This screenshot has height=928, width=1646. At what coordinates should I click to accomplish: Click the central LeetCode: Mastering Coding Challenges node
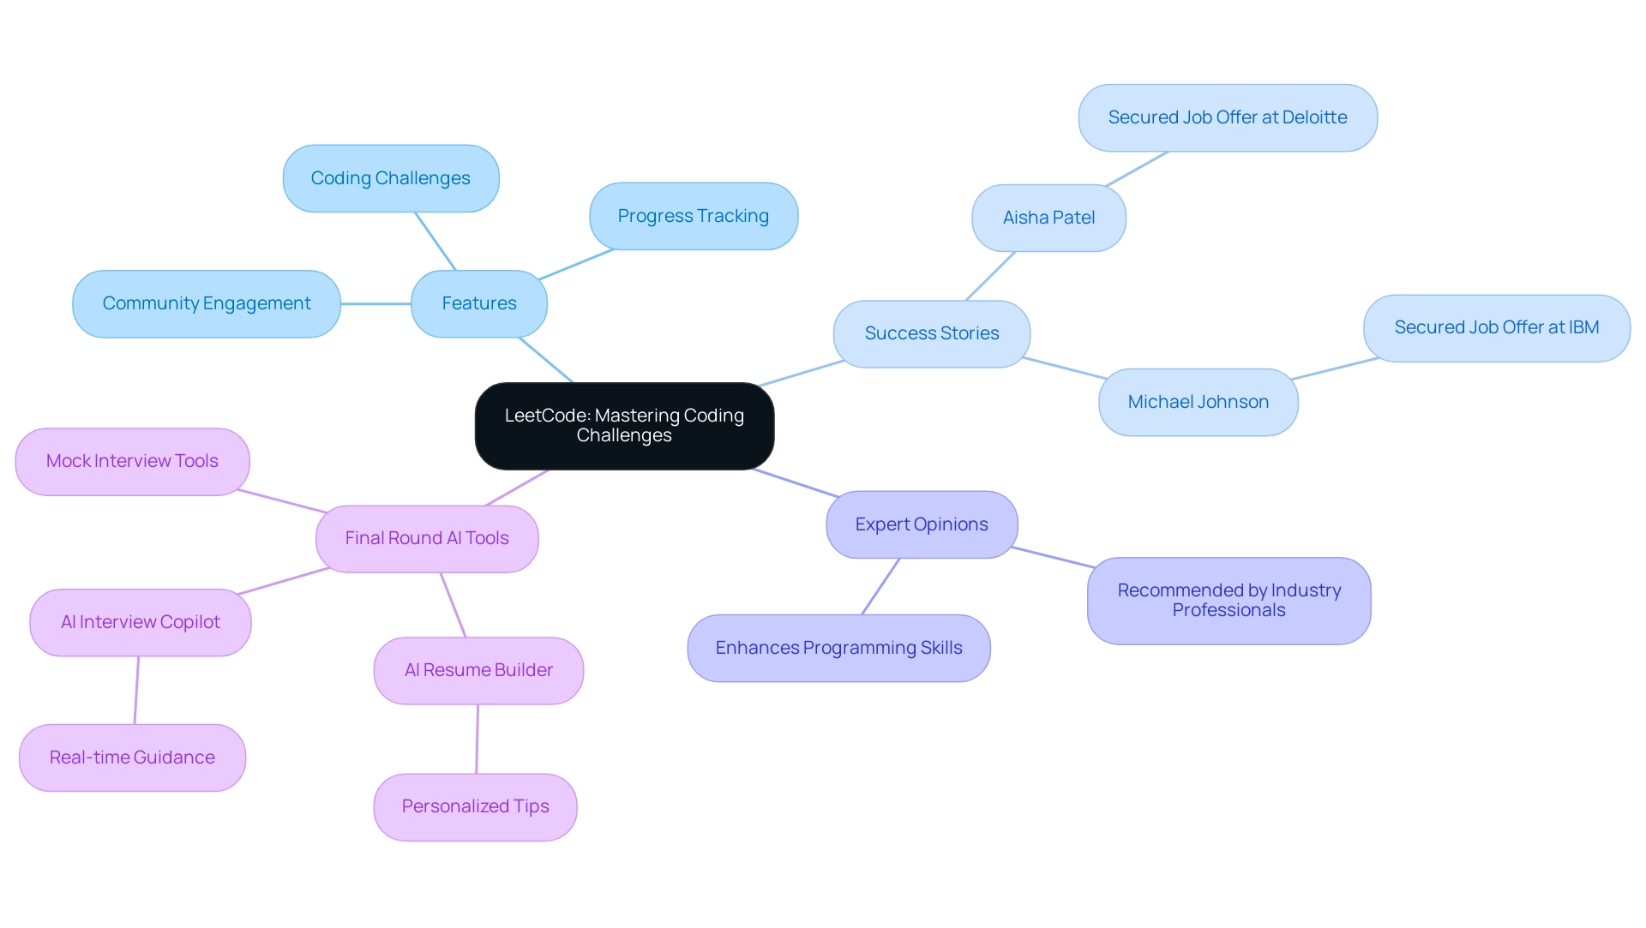[x=624, y=426]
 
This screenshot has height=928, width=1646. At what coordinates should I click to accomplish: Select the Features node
[x=478, y=303]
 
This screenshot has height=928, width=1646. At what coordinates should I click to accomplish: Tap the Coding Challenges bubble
[x=390, y=178]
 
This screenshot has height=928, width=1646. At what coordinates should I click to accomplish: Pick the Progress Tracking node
[x=693, y=216]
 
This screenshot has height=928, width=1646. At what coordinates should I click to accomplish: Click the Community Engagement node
[x=206, y=303]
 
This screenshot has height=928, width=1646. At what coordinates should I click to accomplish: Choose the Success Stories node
[x=931, y=333]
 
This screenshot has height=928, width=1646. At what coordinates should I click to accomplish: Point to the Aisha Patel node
[x=1048, y=218]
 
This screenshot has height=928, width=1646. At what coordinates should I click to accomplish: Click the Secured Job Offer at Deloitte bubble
[x=1227, y=117]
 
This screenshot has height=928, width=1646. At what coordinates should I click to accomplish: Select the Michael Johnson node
[x=1198, y=402]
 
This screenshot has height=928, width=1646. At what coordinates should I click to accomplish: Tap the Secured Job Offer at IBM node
[x=1496, y=327]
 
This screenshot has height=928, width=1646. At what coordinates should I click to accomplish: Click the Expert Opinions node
[x=921, y=524]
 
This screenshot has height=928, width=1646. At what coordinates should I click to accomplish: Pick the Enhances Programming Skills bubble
[x=838, y=648]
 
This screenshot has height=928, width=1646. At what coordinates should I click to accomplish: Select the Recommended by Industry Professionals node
[x=1228, y=601]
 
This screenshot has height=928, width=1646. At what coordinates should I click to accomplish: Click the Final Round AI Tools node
[x=426, y=538]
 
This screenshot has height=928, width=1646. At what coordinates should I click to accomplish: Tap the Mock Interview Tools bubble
[x=132, y=461]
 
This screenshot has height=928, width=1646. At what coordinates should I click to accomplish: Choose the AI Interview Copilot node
[x=140, y=622]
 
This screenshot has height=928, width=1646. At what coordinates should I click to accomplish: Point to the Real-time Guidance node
[x=132, y=757]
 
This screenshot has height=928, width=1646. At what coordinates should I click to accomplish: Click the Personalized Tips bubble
[x=475, y=806]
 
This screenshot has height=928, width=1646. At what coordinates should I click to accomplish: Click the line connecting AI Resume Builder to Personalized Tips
[x=478, y=739]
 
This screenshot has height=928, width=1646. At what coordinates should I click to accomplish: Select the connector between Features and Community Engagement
[x=375, y=303]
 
